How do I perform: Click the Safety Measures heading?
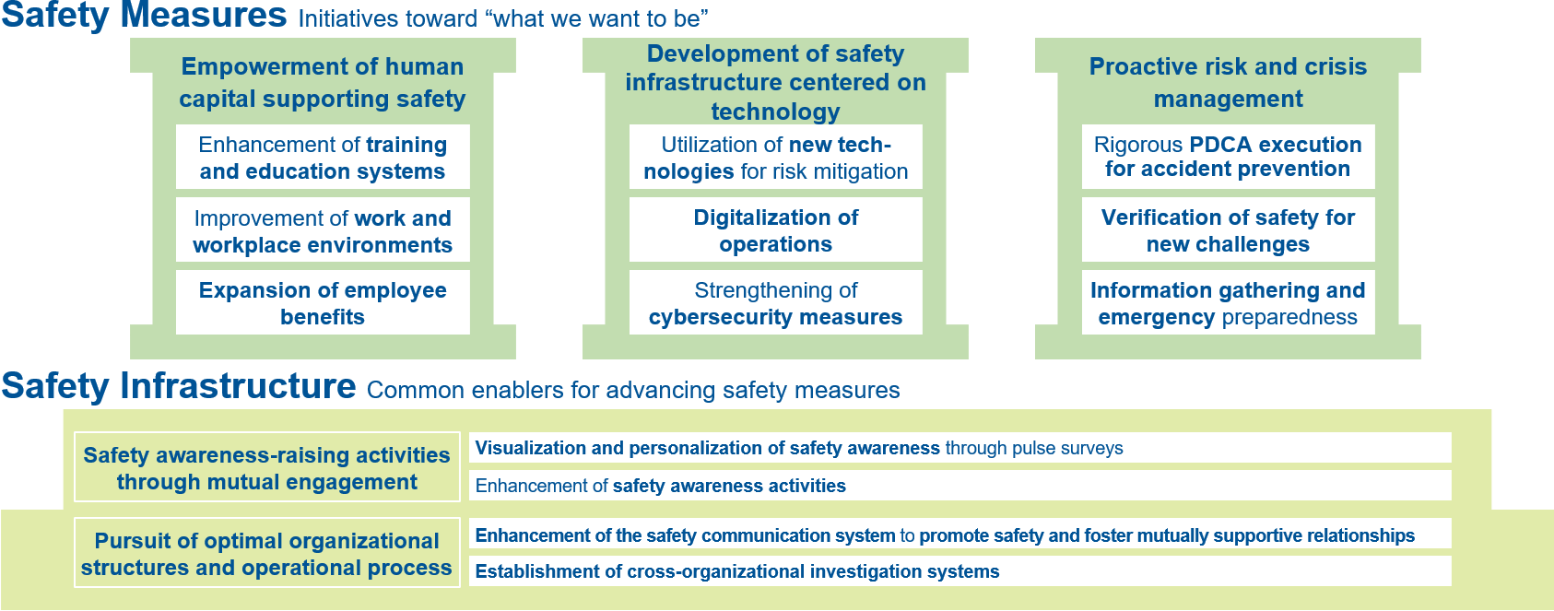[x=144, y=16]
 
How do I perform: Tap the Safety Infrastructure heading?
[x=178, y=385]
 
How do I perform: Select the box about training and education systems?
[x=323, y=157]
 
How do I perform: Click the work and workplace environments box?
[x=323, y=229]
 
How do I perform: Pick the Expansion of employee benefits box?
[x=323, y=302]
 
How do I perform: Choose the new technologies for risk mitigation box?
[x=775, y=157]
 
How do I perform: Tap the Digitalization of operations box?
[x=775, y=229]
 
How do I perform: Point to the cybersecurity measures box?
[x=775, y=302]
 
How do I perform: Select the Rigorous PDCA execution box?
[x=1228, y=157]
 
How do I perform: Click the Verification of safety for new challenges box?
[x=1228, y=229]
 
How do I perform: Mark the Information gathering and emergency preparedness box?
[x=1228, y=302]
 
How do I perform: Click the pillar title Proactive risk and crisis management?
[x=1228, y=83]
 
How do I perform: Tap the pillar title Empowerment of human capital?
[x=323, y=83]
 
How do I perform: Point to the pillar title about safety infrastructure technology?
[x=775, y=83]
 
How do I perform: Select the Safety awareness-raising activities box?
[x=267, y=466]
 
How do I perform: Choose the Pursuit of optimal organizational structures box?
[x=267, y=553]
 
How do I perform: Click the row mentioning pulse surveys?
[x=960, y=447]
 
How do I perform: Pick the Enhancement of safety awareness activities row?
[x=960, y=486]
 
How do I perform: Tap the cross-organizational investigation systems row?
[x=960, y=570]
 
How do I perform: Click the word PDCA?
[x=1221, y=145]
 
